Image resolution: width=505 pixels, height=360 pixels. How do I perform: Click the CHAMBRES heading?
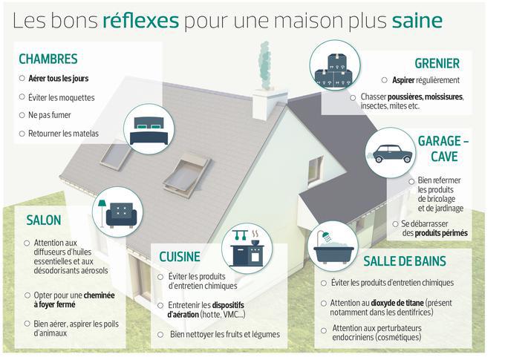coord(48,59)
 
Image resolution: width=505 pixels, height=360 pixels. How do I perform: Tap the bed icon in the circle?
coord(149,131)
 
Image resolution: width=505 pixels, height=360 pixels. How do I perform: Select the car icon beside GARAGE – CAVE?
coord(391,154)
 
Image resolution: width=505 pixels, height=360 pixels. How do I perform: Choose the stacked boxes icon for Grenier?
coord(334,71)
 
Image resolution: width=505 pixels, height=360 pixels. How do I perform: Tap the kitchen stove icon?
coord(247,249)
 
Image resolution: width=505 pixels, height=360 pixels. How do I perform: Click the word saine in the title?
coord(417,20)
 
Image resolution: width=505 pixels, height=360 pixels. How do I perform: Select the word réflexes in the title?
coord(141,20)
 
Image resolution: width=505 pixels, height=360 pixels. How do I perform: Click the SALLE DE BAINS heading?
coord(405,261)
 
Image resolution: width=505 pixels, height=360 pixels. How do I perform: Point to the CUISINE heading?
coord(180,257)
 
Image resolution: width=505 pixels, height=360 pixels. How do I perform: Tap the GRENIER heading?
coord(437,63)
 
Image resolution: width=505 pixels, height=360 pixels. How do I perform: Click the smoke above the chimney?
coord(264,65)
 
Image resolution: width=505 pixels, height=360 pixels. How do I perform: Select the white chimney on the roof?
coord(270,103)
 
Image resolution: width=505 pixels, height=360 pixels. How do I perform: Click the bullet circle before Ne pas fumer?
coord(22,115)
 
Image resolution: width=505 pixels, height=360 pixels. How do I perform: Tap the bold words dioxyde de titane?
coord(397,303)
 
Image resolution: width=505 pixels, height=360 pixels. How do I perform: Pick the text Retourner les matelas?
coord(63,134)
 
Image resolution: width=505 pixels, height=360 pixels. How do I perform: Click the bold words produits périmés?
coord(441,233)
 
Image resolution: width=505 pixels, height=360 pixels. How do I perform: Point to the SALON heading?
coord(44,220)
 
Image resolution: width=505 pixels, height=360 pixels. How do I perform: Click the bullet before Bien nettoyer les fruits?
coord(160,335)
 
